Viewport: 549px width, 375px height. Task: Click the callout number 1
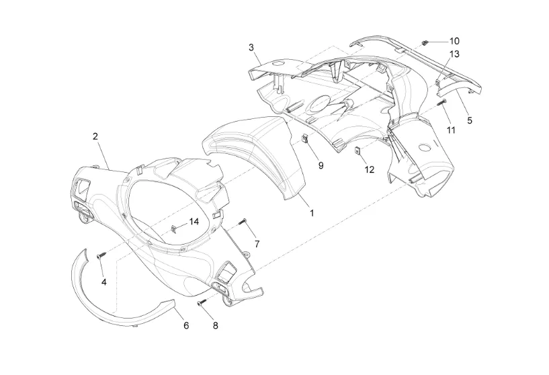point(311,212)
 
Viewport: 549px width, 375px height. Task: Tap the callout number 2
point(95,136)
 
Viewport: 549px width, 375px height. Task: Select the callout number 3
point(251,47)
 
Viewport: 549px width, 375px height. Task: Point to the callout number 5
point(470,120)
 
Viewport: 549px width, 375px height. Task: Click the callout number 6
point(186,325)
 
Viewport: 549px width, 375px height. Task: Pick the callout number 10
point(454,41)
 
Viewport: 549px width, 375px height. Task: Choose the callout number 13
point(454,54)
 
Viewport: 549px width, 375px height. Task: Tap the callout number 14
point(194,222)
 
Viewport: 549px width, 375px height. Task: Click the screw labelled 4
point(99,256)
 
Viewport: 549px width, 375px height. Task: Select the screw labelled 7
point(243,221)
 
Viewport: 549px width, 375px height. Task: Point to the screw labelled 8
point(202,302)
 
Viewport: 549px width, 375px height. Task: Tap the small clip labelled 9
point(305,139)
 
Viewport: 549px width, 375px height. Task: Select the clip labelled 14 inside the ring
point(174,228)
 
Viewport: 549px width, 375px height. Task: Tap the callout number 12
point(370,169)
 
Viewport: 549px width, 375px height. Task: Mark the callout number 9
point(321,165)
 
